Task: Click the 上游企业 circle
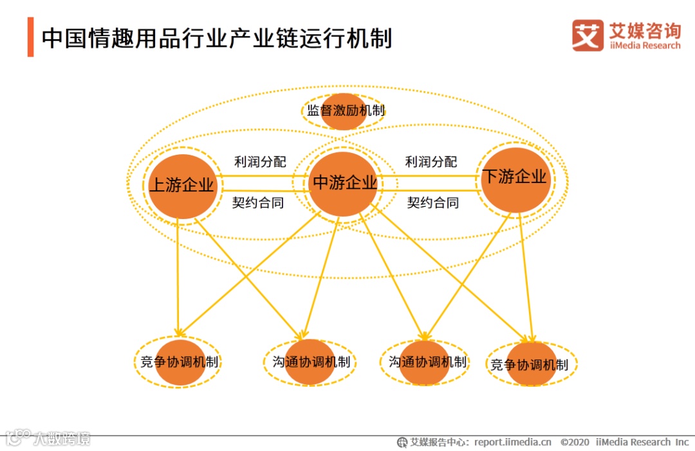182,186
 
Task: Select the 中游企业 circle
344,184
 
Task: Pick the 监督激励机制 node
344,111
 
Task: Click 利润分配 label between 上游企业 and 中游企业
260,162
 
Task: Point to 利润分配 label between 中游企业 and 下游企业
431,162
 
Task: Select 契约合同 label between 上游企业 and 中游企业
258,203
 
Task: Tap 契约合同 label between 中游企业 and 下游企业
433,203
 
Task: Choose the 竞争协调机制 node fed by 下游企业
530,365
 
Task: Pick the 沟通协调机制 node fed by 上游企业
311,362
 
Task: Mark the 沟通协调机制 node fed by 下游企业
425,362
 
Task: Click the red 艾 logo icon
588,35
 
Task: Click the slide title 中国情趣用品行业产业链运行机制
216,38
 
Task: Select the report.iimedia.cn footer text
513,442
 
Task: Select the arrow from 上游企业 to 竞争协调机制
178,276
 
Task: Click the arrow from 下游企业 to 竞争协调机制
525,276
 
